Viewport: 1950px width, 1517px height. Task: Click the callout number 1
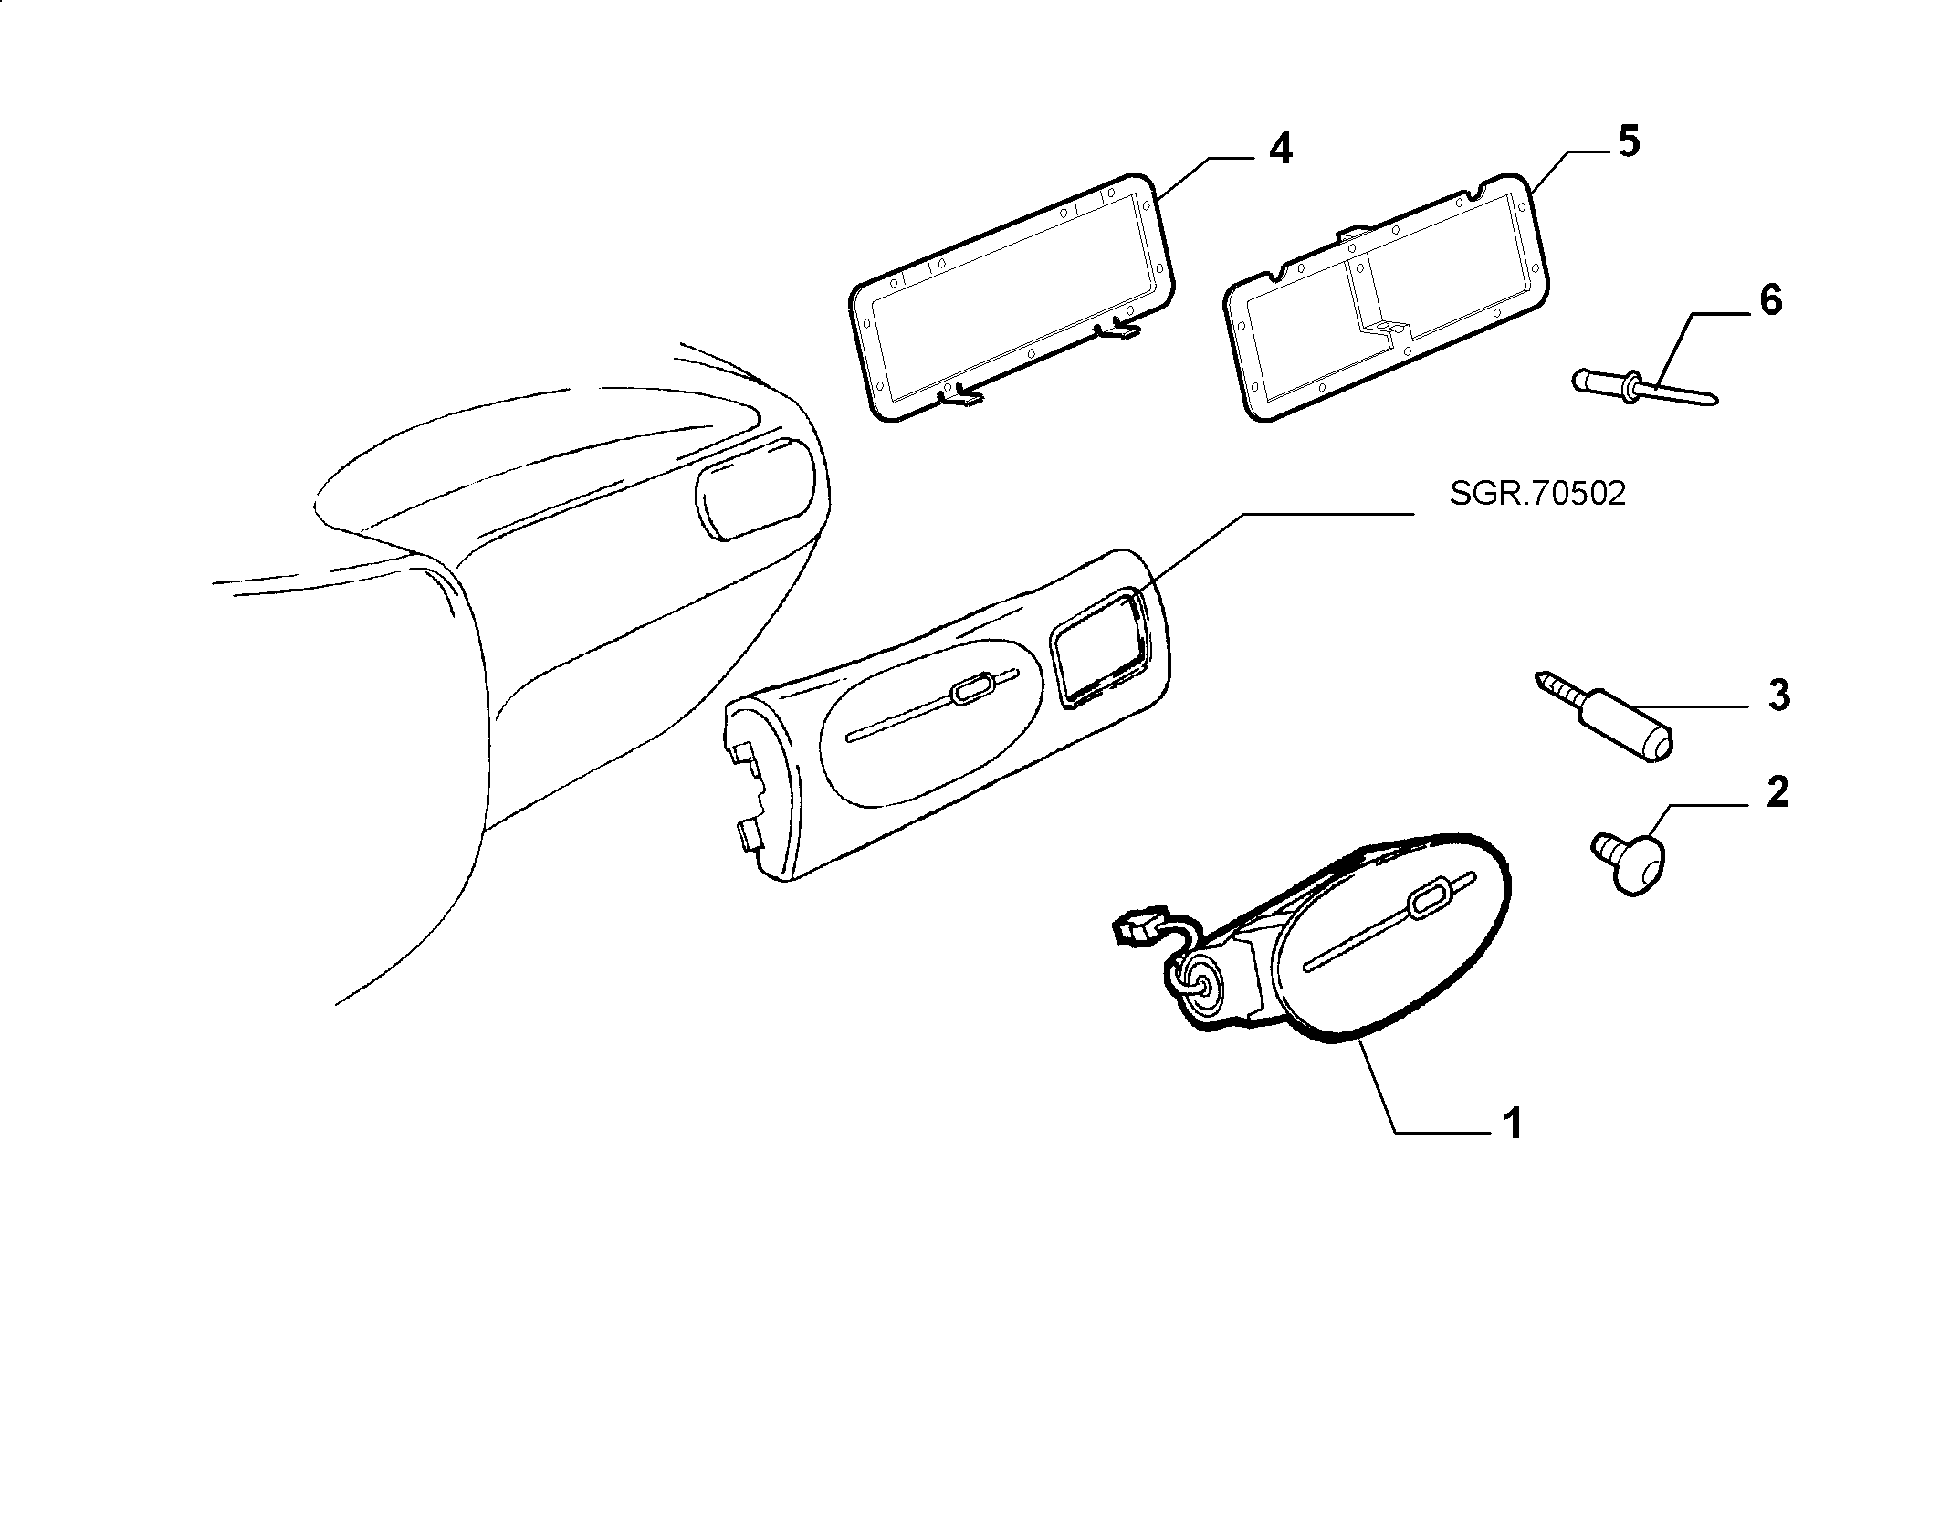1513,1123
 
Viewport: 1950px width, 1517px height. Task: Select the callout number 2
1777,792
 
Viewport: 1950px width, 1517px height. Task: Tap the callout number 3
1778,696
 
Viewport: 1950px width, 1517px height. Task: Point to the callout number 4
1281,149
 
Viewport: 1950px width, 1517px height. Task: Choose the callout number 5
1628,142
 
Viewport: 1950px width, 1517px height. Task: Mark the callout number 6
1770,300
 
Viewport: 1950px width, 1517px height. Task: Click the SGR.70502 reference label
1537,494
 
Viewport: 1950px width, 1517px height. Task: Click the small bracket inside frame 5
1385,325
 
